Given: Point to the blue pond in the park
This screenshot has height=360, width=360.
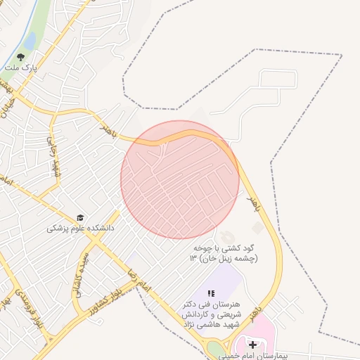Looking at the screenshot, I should pos(30,41).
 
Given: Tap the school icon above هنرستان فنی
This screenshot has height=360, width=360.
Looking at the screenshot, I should pos(210,292).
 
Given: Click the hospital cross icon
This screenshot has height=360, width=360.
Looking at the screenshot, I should pos(252,345).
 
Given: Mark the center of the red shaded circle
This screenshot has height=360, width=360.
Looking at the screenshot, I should pos(180,179).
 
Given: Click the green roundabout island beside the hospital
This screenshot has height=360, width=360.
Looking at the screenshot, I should pos(214,349).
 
